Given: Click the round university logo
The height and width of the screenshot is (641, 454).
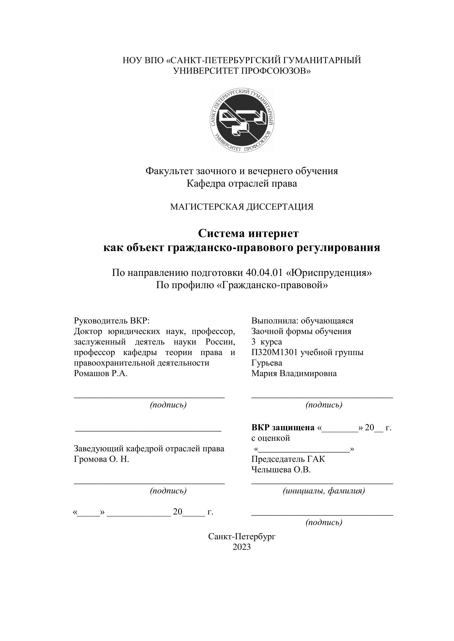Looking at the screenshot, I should tap(242, 120).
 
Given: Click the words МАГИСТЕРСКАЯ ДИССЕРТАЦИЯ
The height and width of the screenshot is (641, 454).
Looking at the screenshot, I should tap(242, 207).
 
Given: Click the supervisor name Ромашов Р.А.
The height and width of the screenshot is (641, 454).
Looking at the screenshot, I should tap(101, 373).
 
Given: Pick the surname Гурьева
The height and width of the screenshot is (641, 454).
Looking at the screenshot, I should tap(267, 363).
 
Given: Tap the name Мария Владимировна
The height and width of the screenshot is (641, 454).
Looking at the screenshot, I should tap(294, 373).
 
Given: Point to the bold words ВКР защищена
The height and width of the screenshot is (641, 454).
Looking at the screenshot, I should tap(283, 427).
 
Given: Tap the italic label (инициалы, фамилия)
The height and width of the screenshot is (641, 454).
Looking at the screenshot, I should tap(324, 491).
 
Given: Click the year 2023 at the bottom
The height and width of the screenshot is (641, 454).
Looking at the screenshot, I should tap(242, 547).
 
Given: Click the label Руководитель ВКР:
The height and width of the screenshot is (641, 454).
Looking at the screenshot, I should tap(112, 321).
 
